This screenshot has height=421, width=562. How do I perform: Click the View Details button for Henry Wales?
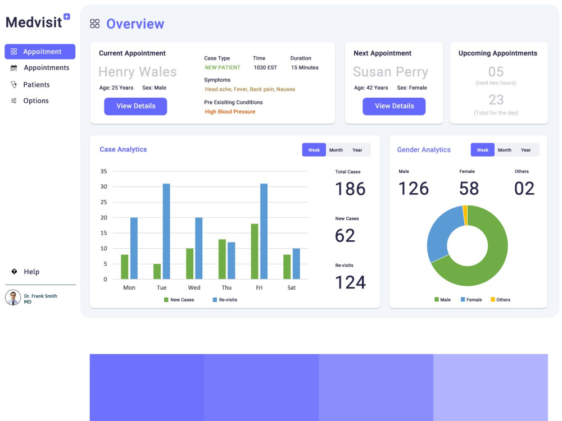[135, 106]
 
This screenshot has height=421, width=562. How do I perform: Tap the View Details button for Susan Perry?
[394, 106]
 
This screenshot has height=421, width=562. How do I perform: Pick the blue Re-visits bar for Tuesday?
[166, 231]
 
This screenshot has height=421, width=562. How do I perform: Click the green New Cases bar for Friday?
[255, 251]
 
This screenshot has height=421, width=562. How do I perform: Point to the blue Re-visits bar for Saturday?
[296, 263]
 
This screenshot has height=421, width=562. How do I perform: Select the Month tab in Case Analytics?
[336, 150]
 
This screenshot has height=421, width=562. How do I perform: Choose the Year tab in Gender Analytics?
[526, 150]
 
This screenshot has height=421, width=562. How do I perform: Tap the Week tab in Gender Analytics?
[482, 150]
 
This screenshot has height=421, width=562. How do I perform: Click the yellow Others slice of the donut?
[465, 215]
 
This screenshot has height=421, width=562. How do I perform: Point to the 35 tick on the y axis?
[103, 171]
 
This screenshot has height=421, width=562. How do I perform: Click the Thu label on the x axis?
[226, 287]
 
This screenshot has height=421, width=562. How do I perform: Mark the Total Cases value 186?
[350, 189]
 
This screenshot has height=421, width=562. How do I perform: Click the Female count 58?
[469, 188]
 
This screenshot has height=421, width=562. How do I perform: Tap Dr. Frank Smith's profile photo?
[13, 298]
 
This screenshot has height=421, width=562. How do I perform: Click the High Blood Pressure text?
[230, 112]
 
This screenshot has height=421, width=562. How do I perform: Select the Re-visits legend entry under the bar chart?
[225, 300]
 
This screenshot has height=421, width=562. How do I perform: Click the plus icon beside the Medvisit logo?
[67, 16]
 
